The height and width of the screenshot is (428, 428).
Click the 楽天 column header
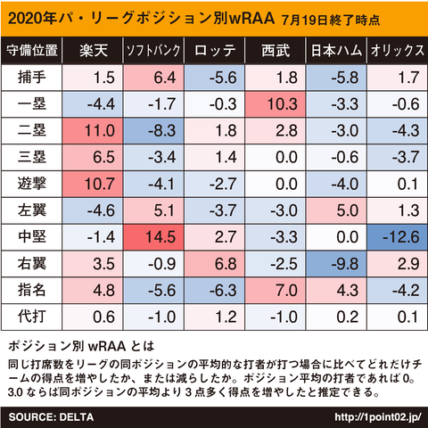click(x=93, y=50)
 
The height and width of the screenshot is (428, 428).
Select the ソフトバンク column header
click(x=153, y=50)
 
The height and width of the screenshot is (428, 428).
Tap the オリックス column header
click(x=397, y=50)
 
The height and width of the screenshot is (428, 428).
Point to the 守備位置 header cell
click(x=31, y=50)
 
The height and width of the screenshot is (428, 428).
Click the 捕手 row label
click(x=31, y=78)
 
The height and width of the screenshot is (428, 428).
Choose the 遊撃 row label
click(x=31, y=184)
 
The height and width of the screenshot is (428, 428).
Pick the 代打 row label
click(x=31, y=317)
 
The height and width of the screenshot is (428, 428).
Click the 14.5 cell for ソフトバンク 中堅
click(x=153, y=237)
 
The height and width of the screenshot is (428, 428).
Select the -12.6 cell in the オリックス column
click(x=398, y=237)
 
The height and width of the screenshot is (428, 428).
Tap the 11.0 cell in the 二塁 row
click(x=93, y=130)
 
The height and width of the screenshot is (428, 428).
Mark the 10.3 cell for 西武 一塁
click(x=276, y=104)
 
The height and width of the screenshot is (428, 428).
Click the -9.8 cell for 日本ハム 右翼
click(x=336, y=264)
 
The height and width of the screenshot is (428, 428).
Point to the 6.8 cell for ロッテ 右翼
click(x=215, y=264)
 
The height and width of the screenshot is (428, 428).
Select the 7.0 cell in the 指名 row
click(x=276, y=290)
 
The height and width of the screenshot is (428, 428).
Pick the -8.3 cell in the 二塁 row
click(x=153, y=130)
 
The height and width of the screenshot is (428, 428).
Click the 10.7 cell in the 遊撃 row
click(x=93, y=184)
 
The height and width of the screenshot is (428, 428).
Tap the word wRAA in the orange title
click(x=251, y=19)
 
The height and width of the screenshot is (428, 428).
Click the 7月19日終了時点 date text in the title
click(x=331, y=20)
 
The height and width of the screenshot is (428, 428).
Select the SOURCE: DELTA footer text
click(x=51, y=417)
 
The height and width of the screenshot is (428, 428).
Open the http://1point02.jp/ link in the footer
click(x=378, y=417)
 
